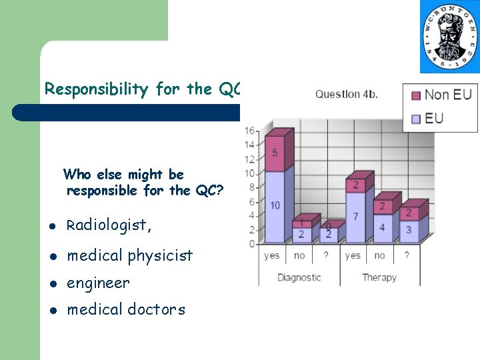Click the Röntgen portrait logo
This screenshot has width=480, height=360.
click(449, 37)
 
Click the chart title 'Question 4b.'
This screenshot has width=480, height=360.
click(347, 94)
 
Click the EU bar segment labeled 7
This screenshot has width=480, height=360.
click(355, 217)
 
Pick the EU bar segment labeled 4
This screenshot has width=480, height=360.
click(382, 227)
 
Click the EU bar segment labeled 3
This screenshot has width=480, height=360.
click(409, 230)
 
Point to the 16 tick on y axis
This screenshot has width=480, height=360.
click(250, 131)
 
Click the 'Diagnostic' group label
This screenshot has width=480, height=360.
click(299, 277)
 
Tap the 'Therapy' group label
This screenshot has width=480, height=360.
click(379, 277)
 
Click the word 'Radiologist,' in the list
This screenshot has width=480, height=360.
click(109, 225)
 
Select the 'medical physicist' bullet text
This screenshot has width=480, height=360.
click(130, 255)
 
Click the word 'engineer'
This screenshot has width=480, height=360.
click(99, 283)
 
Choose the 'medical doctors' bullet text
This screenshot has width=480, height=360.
click(126, 309)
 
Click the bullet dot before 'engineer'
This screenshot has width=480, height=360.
click(54, 284)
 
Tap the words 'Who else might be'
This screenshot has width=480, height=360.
click(123, 175)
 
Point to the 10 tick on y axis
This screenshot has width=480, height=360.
click(250, 173)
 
